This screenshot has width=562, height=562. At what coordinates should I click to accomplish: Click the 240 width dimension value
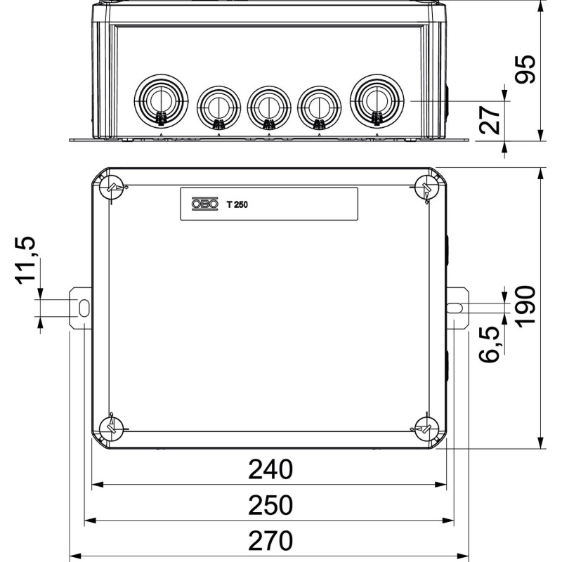pos(270,469)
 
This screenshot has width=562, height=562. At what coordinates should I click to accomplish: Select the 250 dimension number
pos(270,505)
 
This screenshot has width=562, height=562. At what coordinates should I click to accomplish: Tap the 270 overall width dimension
pos(270,540)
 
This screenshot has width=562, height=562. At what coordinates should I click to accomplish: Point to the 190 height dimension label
pos(525,306)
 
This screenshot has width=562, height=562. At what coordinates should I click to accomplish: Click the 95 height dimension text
pos(525,70)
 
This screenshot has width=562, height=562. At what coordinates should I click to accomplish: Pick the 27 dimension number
pos(490,120)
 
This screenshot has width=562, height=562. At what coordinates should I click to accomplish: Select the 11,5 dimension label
pos(25,261)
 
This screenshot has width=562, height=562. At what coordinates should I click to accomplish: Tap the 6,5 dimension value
pos(490,344)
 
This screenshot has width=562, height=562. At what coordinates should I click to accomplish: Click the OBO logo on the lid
pos(204,204)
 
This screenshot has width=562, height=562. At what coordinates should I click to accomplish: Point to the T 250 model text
pos(237,204)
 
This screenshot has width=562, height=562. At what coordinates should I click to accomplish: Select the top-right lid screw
pos(427,188)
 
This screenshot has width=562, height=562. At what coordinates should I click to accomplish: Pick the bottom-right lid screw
pos(427,429)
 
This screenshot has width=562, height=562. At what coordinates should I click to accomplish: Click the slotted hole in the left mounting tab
pos(84,308)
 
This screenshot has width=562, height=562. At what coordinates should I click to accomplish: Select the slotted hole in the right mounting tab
pos(455,308)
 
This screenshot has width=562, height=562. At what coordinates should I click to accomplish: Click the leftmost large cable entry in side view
pos(161,100)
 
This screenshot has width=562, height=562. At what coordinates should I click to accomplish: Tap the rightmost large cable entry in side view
pos(377,100)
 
